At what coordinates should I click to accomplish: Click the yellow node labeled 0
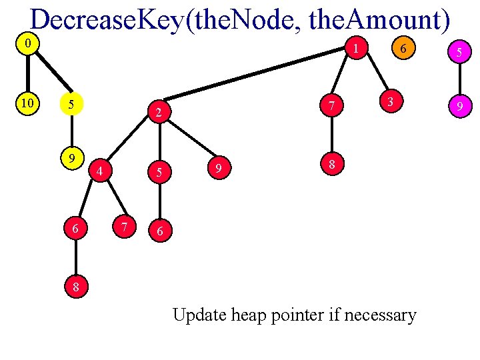(27, 45)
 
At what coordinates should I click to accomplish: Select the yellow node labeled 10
(27, 103)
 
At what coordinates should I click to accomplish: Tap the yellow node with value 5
(71, 105)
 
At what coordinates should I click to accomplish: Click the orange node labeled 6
(403, 48)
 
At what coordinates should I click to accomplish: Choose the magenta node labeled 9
(459, 105)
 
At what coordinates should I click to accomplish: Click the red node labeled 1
(357, 48)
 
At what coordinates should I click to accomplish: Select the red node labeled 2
(159, 113)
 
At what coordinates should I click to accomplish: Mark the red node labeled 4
(99, 171)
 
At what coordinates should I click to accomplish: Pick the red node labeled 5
(159, 172)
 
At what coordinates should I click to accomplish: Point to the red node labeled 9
(217, 169)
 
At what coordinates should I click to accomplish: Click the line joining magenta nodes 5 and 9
(459, 78)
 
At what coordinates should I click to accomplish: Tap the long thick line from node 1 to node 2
(260, 79)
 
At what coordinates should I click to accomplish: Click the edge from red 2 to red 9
(188, 141)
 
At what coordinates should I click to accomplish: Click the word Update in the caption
(199, 315)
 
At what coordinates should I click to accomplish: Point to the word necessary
(383, 315)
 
